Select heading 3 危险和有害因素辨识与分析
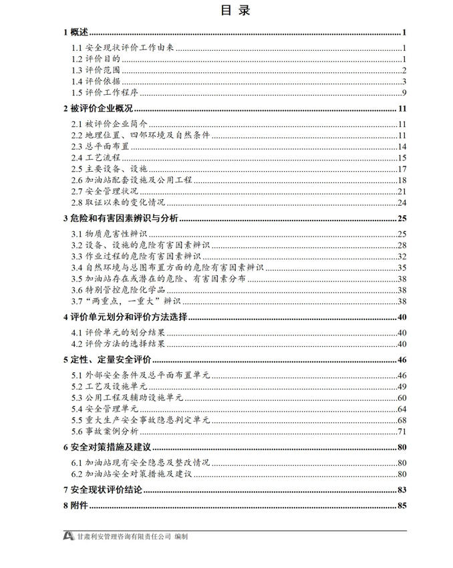[x=121, y=219]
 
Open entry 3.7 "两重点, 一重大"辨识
[x=116, y=301]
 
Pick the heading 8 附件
[x=74, y=505]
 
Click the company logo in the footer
[x=68, y=536]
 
